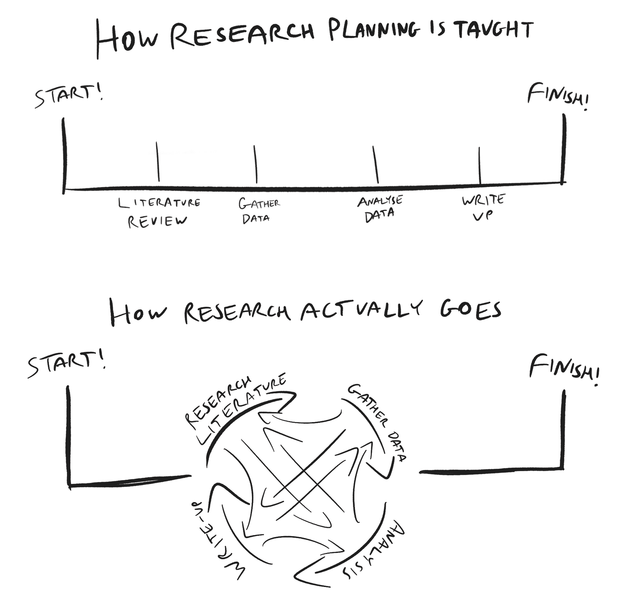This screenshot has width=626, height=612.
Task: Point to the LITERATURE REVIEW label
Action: coord(158,212)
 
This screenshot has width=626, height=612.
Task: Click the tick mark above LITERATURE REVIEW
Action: coord(158,162)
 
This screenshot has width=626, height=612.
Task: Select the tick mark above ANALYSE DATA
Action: coord(376,164)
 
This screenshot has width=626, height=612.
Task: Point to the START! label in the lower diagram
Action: coord(67,364)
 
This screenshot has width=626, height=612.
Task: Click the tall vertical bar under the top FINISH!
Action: coord(564,149)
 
